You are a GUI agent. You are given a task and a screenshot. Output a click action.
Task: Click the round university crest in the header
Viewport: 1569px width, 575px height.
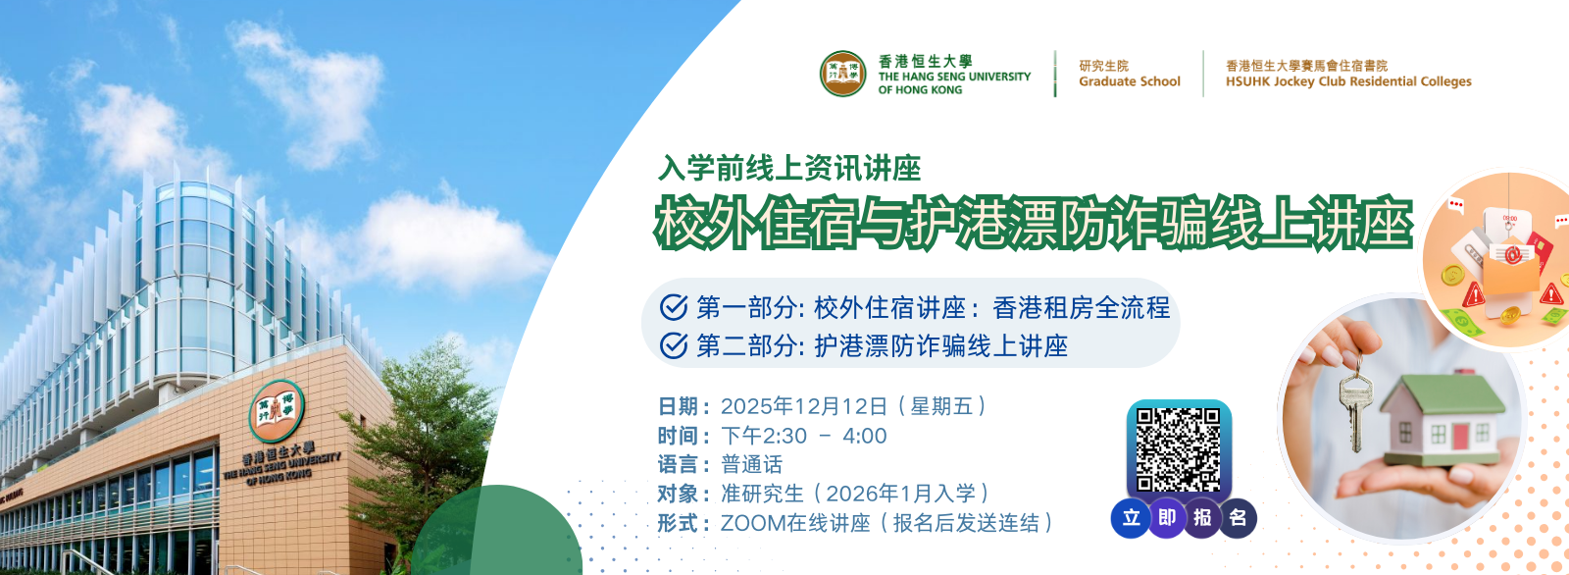[843, 74]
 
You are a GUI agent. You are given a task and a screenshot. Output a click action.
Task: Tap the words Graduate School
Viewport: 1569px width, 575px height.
[1129, 81]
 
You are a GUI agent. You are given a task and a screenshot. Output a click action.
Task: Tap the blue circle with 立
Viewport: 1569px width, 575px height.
[1132, 518]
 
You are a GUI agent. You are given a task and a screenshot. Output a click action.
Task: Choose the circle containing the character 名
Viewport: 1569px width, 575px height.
[1237, 518]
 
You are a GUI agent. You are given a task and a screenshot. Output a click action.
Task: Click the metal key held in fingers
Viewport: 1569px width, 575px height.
[1354, 406]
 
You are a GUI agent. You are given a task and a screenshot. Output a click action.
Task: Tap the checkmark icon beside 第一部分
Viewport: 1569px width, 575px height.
[673, 307]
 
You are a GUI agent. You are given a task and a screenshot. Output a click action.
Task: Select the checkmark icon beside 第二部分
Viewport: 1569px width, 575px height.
[673, 345]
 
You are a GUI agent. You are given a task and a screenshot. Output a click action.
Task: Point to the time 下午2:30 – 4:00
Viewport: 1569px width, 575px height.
[804, 436]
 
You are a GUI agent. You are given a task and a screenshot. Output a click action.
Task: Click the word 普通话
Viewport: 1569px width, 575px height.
[751, 464]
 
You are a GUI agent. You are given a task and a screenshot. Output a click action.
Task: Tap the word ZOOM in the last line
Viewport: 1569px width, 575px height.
[750, 523]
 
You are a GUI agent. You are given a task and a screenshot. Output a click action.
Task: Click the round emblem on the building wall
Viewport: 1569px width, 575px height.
[277, 410]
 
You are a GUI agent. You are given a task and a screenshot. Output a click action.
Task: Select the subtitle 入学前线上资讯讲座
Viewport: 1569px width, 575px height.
[789, 169]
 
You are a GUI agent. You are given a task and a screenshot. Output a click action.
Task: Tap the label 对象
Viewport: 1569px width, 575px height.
[678, 494]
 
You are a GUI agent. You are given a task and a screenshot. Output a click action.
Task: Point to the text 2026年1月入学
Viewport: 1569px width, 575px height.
[901, 494]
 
